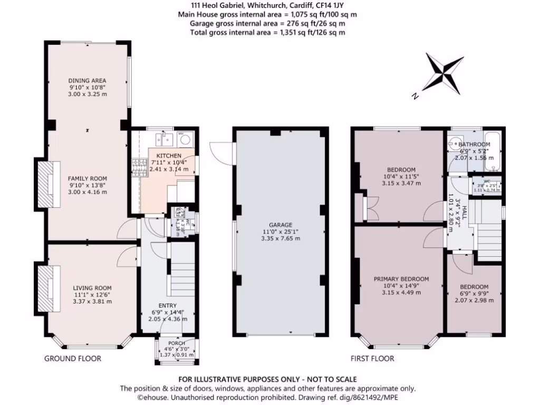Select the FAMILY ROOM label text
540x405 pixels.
point(87,179)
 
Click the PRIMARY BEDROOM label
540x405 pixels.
point(401,279)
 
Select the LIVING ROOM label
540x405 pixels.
point(92,288)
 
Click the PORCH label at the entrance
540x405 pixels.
point(177,343)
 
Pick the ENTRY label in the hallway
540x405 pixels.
point(168,305)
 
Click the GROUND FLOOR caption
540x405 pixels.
point(72,359)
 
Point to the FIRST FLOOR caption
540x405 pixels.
point(372,359)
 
